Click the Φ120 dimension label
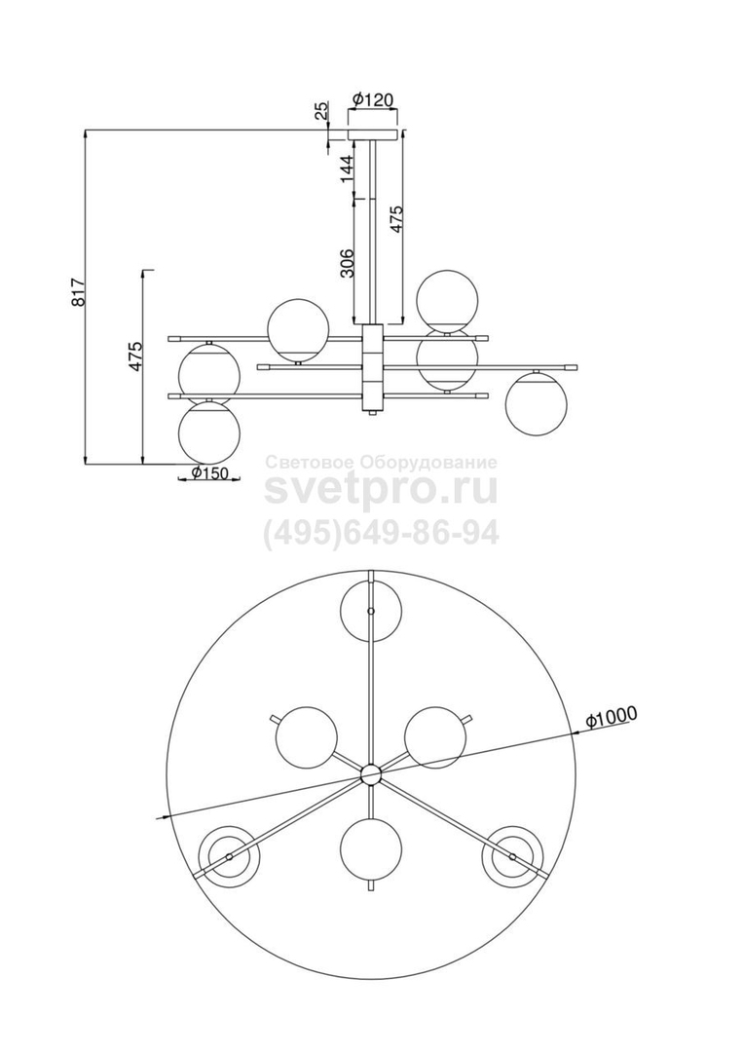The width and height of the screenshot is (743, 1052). point(371,99)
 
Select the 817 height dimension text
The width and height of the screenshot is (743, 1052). point(79,292)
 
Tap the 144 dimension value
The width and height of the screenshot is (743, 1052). point(346,169)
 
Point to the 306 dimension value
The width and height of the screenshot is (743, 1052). point(346,264)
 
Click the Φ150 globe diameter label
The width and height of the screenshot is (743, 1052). point(208,472)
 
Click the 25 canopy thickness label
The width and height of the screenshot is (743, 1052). point(322,110)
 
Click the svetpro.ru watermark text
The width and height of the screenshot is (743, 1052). point(381,490)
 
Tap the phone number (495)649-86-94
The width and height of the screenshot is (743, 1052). point(381,534)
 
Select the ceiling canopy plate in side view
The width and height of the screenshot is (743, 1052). point(372,133)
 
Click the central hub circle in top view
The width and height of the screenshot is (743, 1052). point(370,775)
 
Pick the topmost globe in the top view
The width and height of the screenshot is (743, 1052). point(371,612)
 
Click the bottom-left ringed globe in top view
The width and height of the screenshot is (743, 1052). point(231,856)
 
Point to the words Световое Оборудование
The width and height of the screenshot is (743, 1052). point(382,463)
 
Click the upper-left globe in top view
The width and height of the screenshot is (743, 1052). point(306,737)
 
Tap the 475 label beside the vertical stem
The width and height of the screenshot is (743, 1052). point(396,219)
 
